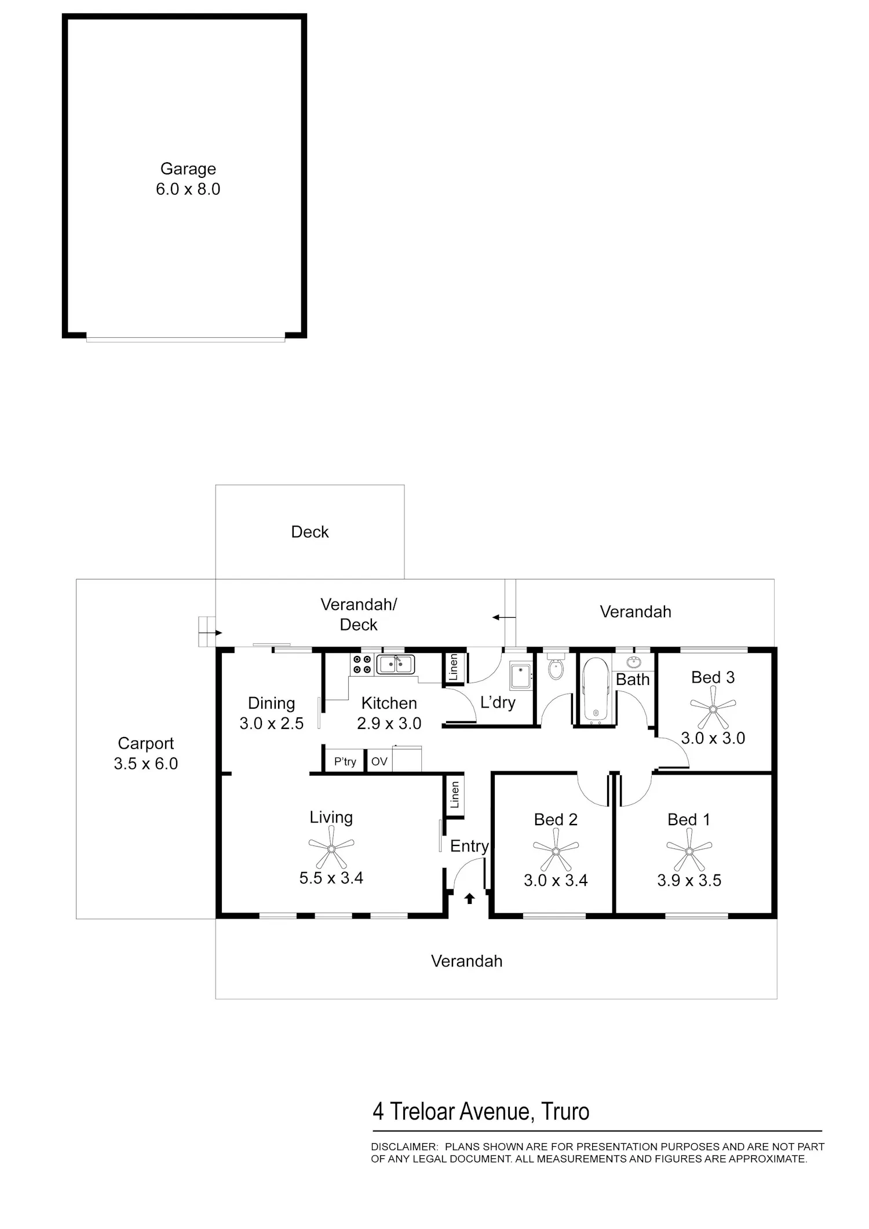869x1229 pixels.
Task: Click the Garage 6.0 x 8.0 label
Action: coord(188,179)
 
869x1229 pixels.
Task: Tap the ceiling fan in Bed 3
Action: coord(713,708)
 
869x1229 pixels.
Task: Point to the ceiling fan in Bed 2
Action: coord(556,851)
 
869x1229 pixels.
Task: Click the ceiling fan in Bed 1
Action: coord(689,851)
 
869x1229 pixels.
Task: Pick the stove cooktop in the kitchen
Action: coord(362,665)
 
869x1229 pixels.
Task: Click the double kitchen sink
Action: coord(396,664)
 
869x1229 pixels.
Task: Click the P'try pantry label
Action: coord(345,761)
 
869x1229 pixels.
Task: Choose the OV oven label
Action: coord(379,761)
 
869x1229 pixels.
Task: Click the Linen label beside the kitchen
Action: coord(454,667)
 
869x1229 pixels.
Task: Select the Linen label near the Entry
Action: coord(455,794)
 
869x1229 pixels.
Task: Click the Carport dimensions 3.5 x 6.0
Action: coord(146,764)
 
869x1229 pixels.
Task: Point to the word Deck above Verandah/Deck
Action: coord(310,532)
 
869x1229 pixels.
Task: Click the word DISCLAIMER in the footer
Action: coord(404,1147)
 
